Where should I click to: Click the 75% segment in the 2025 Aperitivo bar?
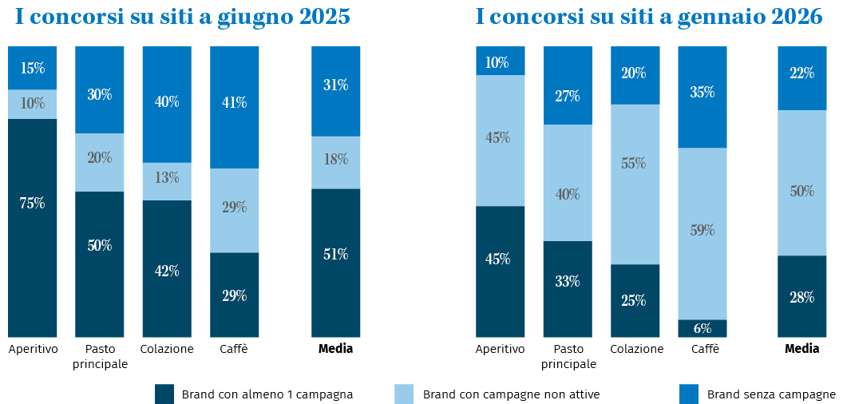click(33, 228)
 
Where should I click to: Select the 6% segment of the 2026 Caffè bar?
click(703, 328)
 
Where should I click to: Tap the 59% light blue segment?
click(703, 233)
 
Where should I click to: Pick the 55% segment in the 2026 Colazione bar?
click(635, 184)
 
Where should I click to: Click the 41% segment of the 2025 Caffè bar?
click(235, 107)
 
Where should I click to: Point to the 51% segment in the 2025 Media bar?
click(335, 263)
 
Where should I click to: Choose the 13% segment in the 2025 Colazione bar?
click(167, 181)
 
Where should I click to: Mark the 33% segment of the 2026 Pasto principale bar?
click(568, 288)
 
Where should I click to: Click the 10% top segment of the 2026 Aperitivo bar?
click(501, 61)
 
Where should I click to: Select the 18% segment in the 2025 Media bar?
click(335, 162)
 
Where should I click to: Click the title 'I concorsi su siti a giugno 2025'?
click(183, 18)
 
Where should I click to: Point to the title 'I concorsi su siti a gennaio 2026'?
click(649, 18)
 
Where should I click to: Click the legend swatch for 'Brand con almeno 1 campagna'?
click(164, 394)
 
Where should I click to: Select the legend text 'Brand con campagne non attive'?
click(511, 394)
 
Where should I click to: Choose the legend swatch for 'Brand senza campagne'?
click(688, 394)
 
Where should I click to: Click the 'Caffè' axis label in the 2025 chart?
click(233, 349)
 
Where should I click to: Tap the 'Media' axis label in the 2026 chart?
click(802, 349)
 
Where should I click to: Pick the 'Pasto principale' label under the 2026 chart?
click(568, 356)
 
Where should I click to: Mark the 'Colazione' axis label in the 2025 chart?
click(167, 349)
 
